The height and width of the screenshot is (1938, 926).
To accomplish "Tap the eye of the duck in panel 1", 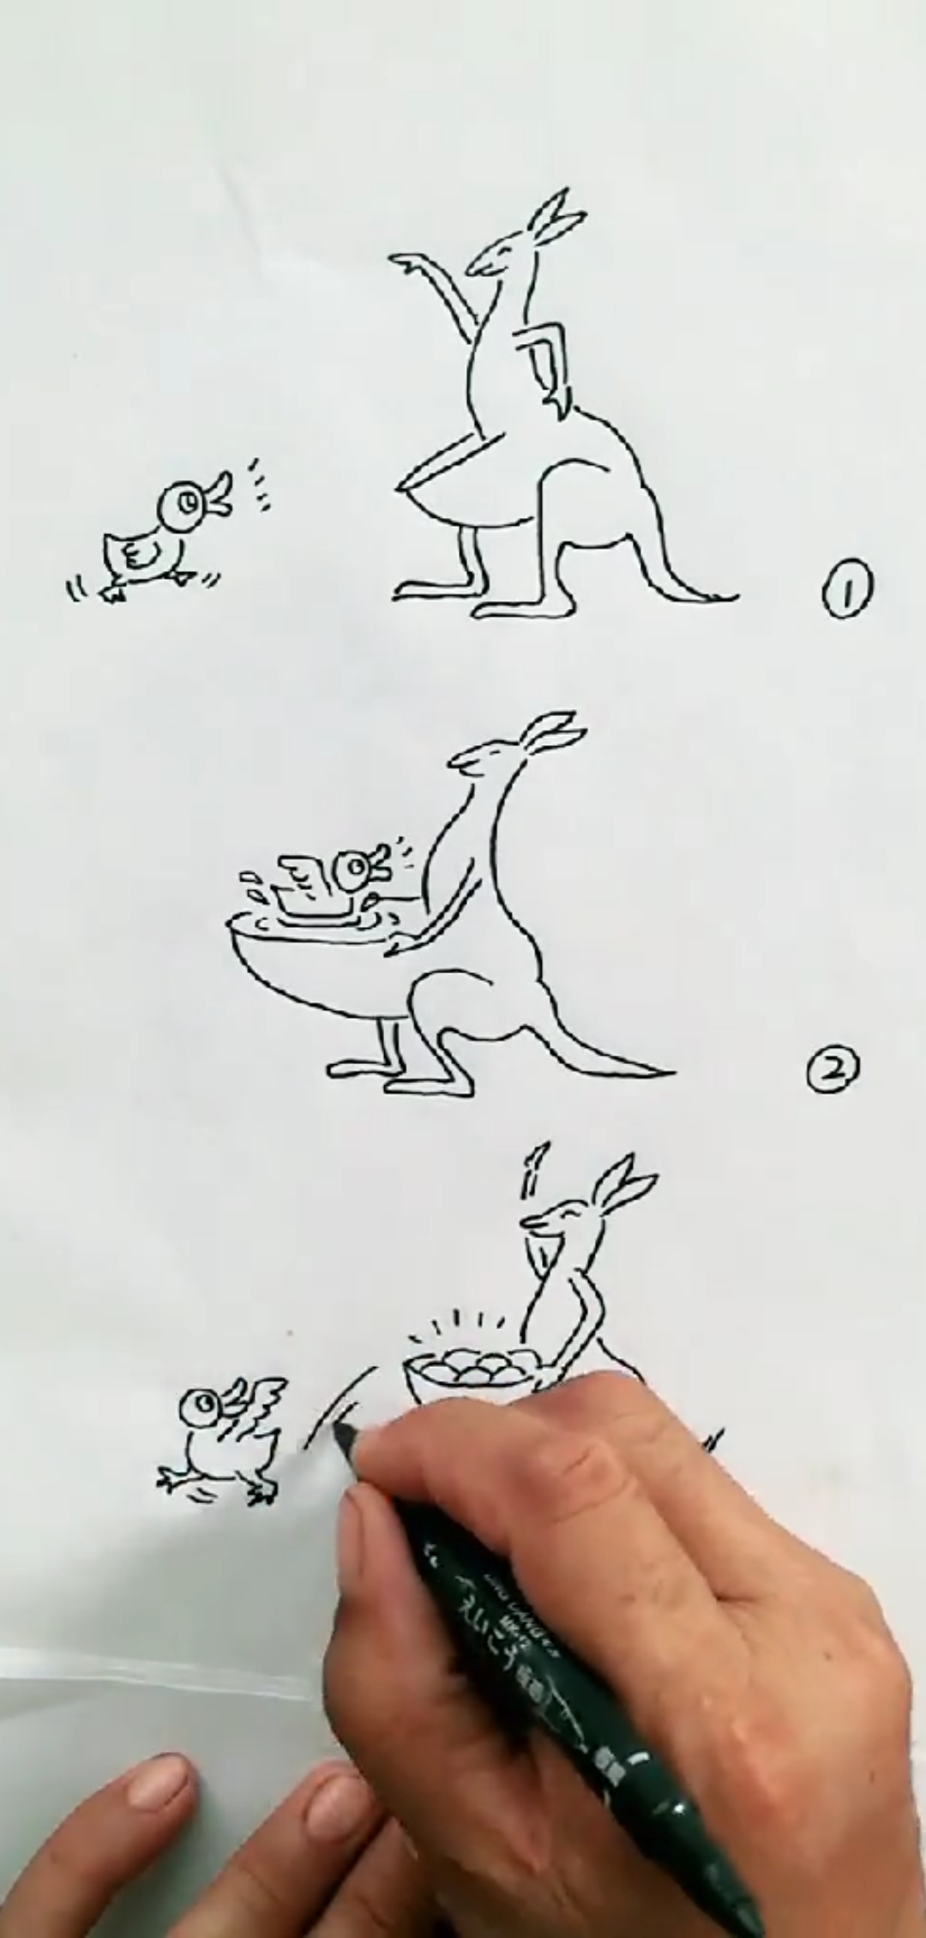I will pyautogui.click(x=187, y=500).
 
